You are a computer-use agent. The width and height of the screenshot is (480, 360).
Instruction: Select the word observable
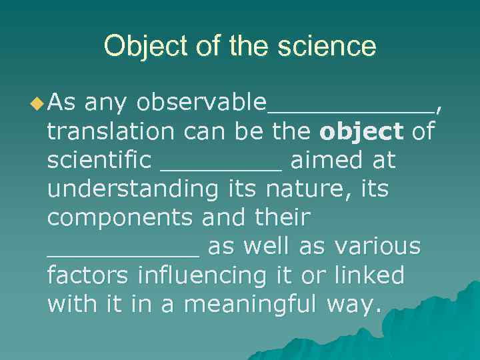click(x=200, y=103)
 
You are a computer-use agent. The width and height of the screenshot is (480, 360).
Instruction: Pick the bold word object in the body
click(x=361, y=133)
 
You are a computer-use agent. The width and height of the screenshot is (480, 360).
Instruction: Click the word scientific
click(x=99, y=160)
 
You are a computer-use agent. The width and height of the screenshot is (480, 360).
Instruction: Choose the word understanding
click(x=133, y=190)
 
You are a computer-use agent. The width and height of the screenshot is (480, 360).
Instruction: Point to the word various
click(x=378, y=247)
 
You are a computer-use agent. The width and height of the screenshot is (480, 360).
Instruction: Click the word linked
click(x=370, y=275)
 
